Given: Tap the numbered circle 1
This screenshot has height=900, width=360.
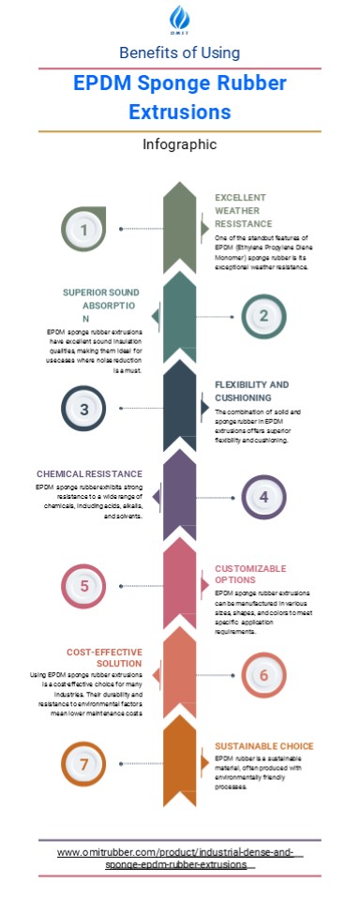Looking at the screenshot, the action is click(84, 229).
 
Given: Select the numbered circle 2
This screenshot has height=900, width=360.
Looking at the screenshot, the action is click(263, 316).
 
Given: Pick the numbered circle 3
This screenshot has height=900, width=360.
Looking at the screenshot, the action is click(84, 410).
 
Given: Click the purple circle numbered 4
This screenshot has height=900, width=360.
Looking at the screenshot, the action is click(263, 497).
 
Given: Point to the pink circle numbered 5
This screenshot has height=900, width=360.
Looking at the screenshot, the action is click(84, 586).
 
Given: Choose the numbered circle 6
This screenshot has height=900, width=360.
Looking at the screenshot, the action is click(263, 675).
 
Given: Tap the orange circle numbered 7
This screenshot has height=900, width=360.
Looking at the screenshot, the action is click(84, 764).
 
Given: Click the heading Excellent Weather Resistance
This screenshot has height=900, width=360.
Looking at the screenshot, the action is click(243, 211).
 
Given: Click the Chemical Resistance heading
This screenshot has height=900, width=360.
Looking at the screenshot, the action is click(90, 474).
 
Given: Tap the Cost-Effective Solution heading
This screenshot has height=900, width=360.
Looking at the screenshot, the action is click(104, 657).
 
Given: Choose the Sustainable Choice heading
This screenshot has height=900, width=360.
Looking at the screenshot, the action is click(263, 746).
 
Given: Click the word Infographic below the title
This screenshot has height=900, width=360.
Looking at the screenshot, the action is click(179, 144).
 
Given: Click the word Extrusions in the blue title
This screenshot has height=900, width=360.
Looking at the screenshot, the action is click(179, 112).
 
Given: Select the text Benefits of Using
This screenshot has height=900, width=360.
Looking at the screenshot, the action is click(179, 52).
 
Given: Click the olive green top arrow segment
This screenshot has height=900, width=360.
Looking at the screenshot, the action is click(180, 229).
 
